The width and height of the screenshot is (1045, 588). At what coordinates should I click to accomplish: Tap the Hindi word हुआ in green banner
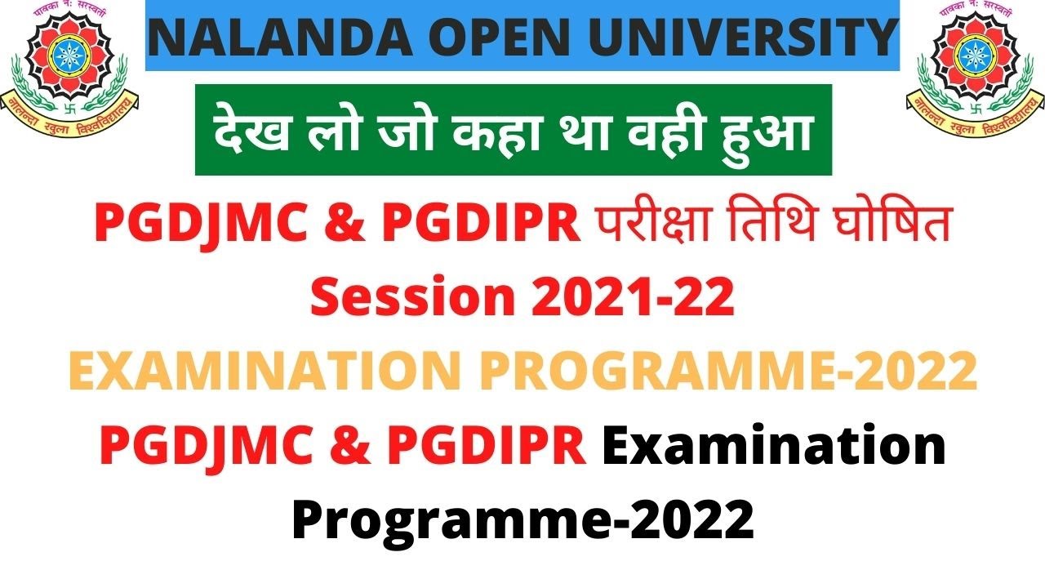coord(767,134)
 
